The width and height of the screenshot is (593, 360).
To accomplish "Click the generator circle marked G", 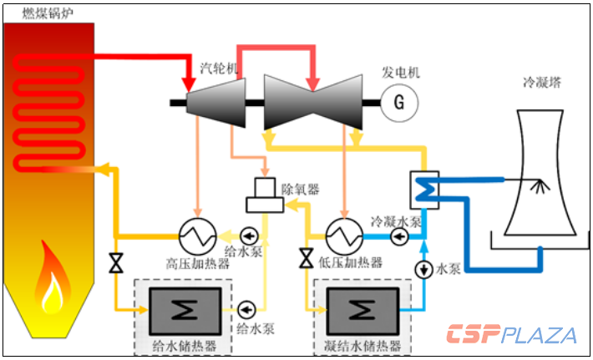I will click(398, 103).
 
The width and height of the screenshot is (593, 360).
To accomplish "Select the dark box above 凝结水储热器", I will click(362, 309).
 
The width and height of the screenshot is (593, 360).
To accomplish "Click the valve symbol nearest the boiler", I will click(115, 264).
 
